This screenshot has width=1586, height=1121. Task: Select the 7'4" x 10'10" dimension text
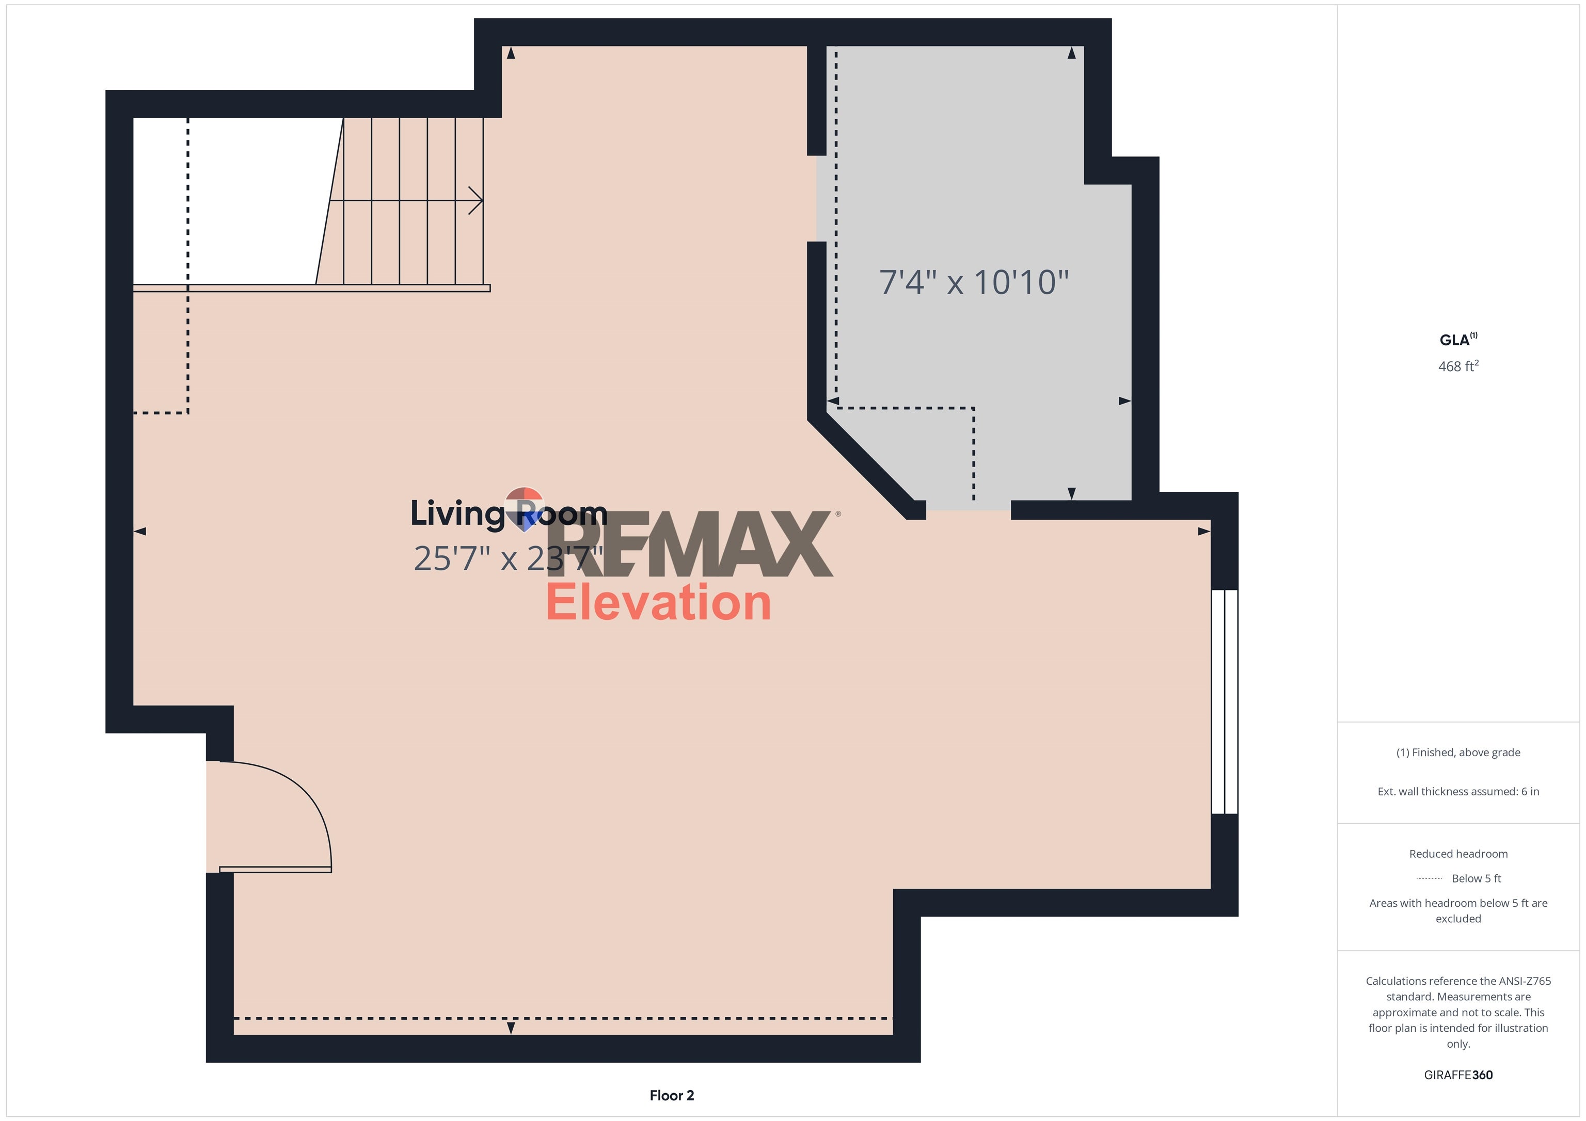(973, 282)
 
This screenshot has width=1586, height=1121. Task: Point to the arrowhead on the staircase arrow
(478, 201)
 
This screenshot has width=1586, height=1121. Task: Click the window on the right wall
(1224, 701)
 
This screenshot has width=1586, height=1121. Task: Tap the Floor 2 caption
(672, 1095)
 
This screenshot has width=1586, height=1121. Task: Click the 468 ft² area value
(1457, 367)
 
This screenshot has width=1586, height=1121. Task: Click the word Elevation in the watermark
(658, 602)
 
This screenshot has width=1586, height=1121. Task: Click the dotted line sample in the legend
(1429, 878)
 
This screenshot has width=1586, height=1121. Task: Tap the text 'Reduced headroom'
(1457, 854)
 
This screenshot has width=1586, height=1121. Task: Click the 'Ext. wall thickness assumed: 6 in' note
(1457, 792)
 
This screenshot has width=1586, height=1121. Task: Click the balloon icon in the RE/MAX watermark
(525, 506)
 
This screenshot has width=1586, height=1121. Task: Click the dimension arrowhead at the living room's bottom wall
(511, 1028)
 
